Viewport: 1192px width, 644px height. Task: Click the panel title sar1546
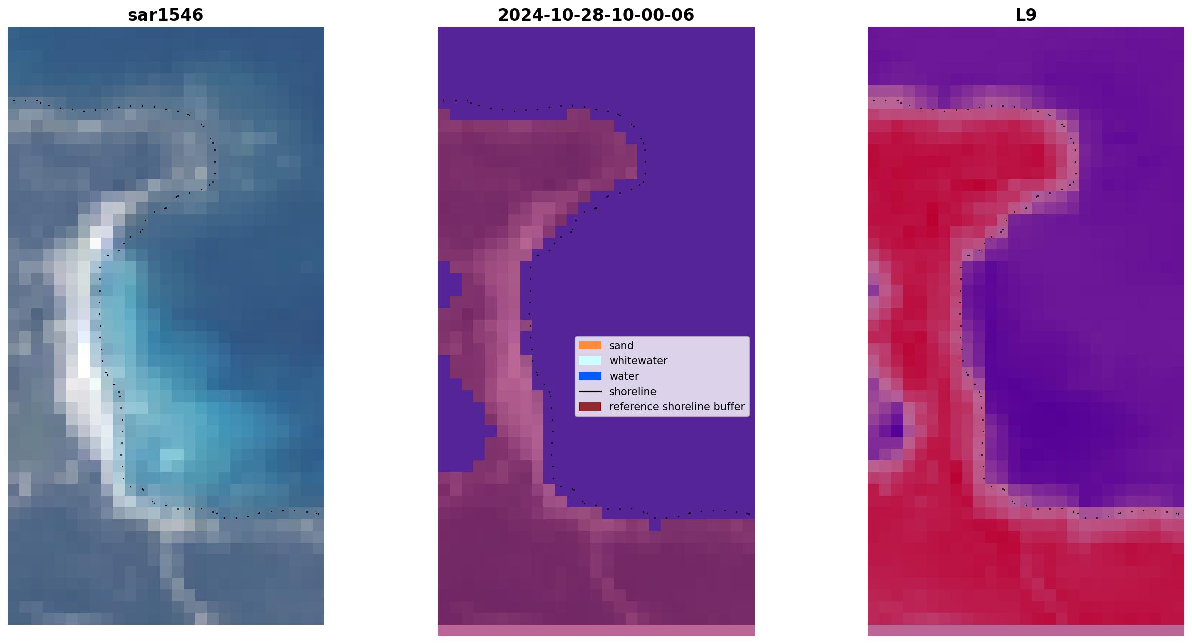(x=166, y=15)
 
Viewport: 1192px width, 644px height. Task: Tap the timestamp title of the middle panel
(x=596, y=15)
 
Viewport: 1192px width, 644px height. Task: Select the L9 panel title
(x=1026, y=15)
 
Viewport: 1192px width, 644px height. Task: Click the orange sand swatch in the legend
(x=590, y=345)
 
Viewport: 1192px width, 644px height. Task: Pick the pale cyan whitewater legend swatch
(x=590, y=361)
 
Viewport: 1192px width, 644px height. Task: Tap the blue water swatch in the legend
(x=590, y=376)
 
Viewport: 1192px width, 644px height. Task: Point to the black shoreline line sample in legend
(x=590, y=391)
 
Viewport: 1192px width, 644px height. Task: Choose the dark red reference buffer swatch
(x=590, y=407)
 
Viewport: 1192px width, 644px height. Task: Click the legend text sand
(x=621, y=346)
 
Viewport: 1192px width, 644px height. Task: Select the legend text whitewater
(x=638, y=361)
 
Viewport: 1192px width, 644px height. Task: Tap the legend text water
(x=624, y=376)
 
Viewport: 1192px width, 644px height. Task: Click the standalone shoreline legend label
(x=633, y=392)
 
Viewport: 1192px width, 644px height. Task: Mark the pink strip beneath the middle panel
(x=596, y=630)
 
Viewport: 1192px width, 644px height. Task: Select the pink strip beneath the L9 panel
(x=1026, y=630)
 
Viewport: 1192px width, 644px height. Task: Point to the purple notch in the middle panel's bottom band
(x=655, y=525)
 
